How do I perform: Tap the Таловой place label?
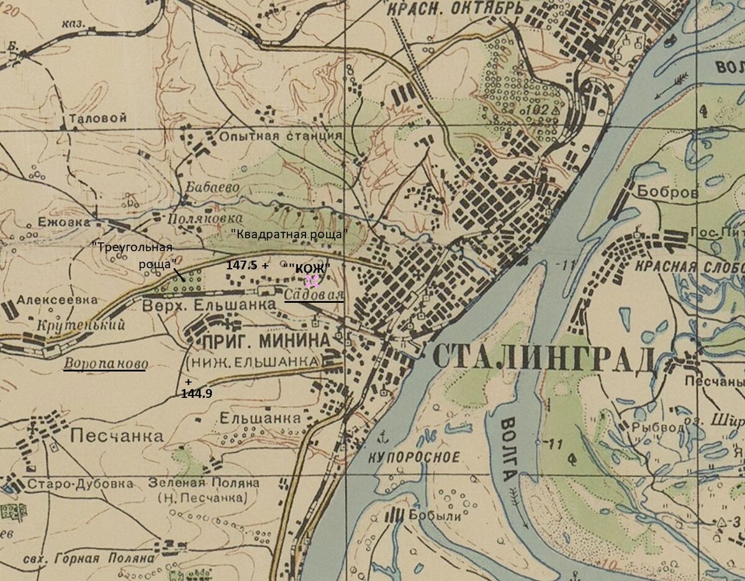point(99,118)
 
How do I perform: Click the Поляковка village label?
point(196,218)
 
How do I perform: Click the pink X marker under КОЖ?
point(312,281)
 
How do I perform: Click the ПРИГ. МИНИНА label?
point(264,341)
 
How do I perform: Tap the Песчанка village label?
point(117,436)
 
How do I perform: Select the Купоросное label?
point(414,457)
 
